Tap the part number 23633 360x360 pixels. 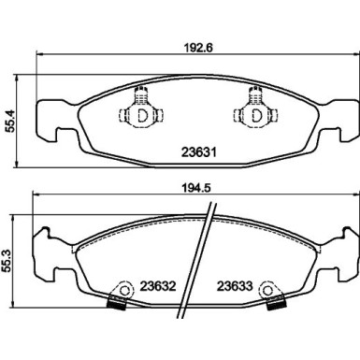pyautogui.click(x=235, y=286)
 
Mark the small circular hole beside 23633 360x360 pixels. pyautogui.click(x=269, y=288)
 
